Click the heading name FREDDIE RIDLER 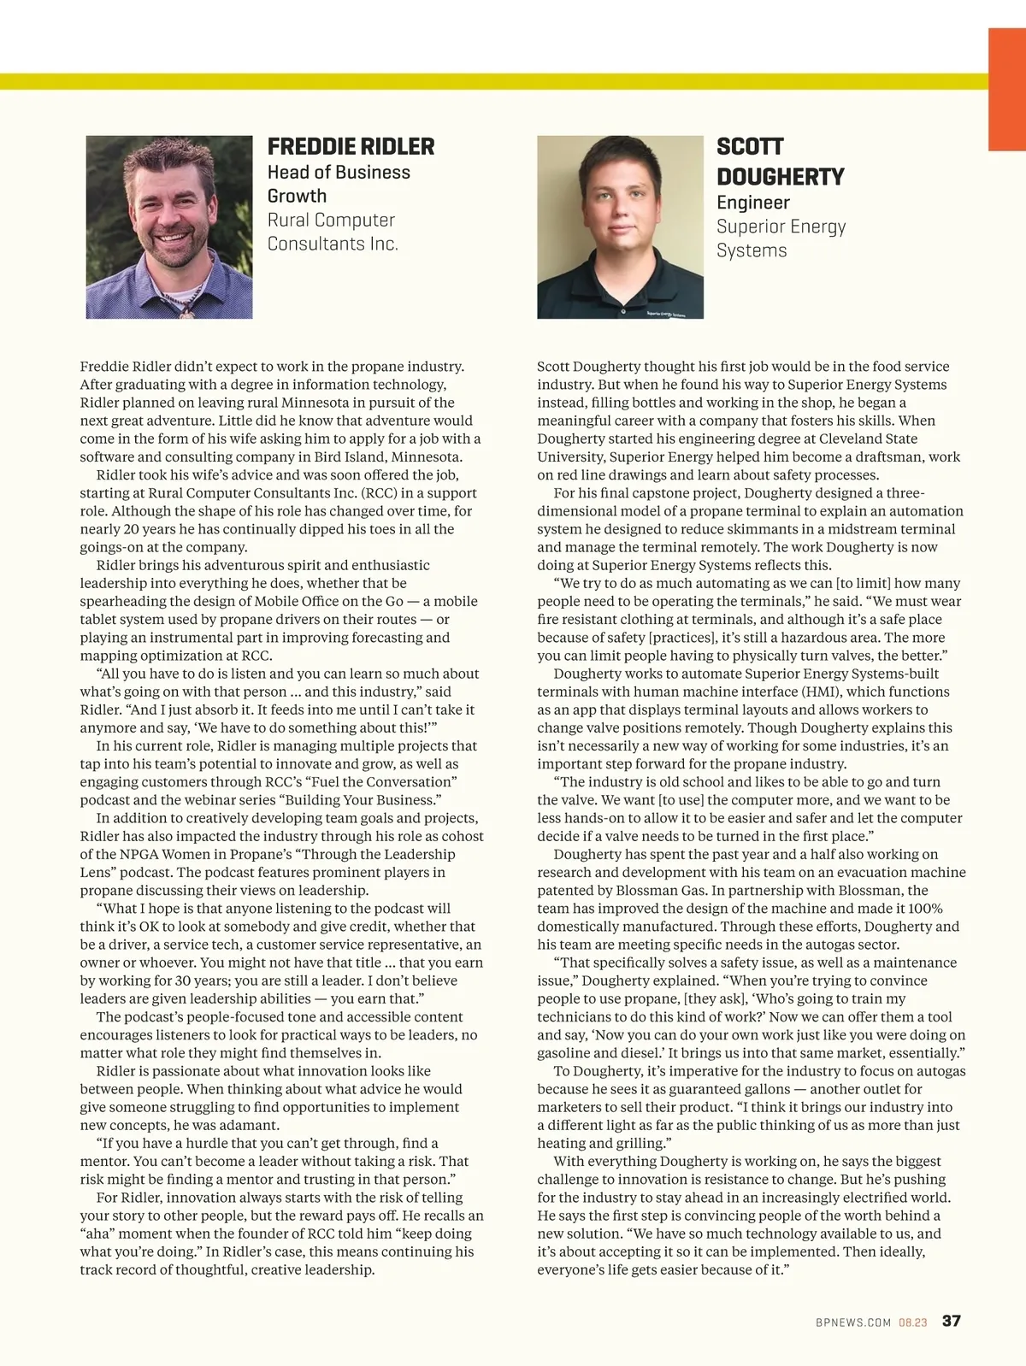click(351, 147)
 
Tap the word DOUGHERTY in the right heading click(780, 178)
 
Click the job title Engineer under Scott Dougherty click(752, 203)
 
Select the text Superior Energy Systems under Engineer click(781, 238)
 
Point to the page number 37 click(951, 1321)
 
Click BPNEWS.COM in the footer click(852, 1322)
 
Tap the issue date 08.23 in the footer click(912, 1322)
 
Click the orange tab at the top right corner click(1006, 89)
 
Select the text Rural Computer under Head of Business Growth click(331, 220)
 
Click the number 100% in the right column click(925, 909)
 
